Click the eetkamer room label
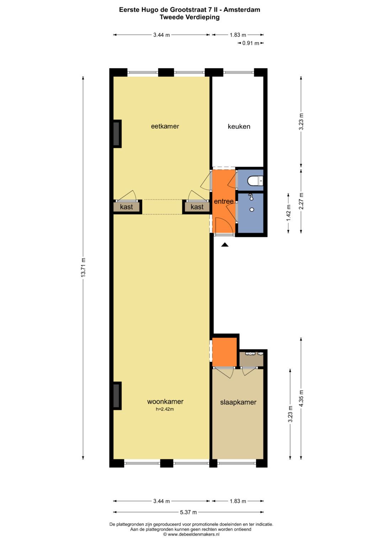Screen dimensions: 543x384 pyautogui.click(x=165, y=126)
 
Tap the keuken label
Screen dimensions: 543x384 pyautogui.click(x=239, y=127)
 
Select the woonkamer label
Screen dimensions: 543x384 pyautogui.click(x=165, y=401)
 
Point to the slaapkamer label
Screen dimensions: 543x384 pyautogui.click(x=238, y=402)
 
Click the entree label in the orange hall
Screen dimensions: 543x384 pyautogui.click(x=224, y=201)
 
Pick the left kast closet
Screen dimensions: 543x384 pyautogui.click(x=127, y=207)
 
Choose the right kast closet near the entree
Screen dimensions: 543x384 pyautogui.click(x=197, y=207)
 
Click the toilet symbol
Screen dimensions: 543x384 pyautogui.click(x=255, y=181)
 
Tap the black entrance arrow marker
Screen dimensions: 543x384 pyautogui.click(x=225, y=245)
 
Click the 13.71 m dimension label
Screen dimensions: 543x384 pyautogui.click(x=83, y=267)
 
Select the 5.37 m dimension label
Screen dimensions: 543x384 pyautogui.click(x=188, y=512)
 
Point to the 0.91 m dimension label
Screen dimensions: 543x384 pyautogui.click(x=251, y=43)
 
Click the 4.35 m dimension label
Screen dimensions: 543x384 pyautogui.click(x=301, y=398)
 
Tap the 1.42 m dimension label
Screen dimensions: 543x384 pyautogui.click(x=288, y=213)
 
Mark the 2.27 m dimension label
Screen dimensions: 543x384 pyautogui.click(x=301, y=200)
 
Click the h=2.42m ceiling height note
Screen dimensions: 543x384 pyautogui.click(x=165, y=409)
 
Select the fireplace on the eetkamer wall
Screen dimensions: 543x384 pyautogui.click(x=117, y=134)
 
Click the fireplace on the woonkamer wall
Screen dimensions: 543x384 pyautogui.click(x=117, y=396)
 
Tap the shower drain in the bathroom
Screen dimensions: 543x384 pyautogui.click(x=252, y=210)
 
